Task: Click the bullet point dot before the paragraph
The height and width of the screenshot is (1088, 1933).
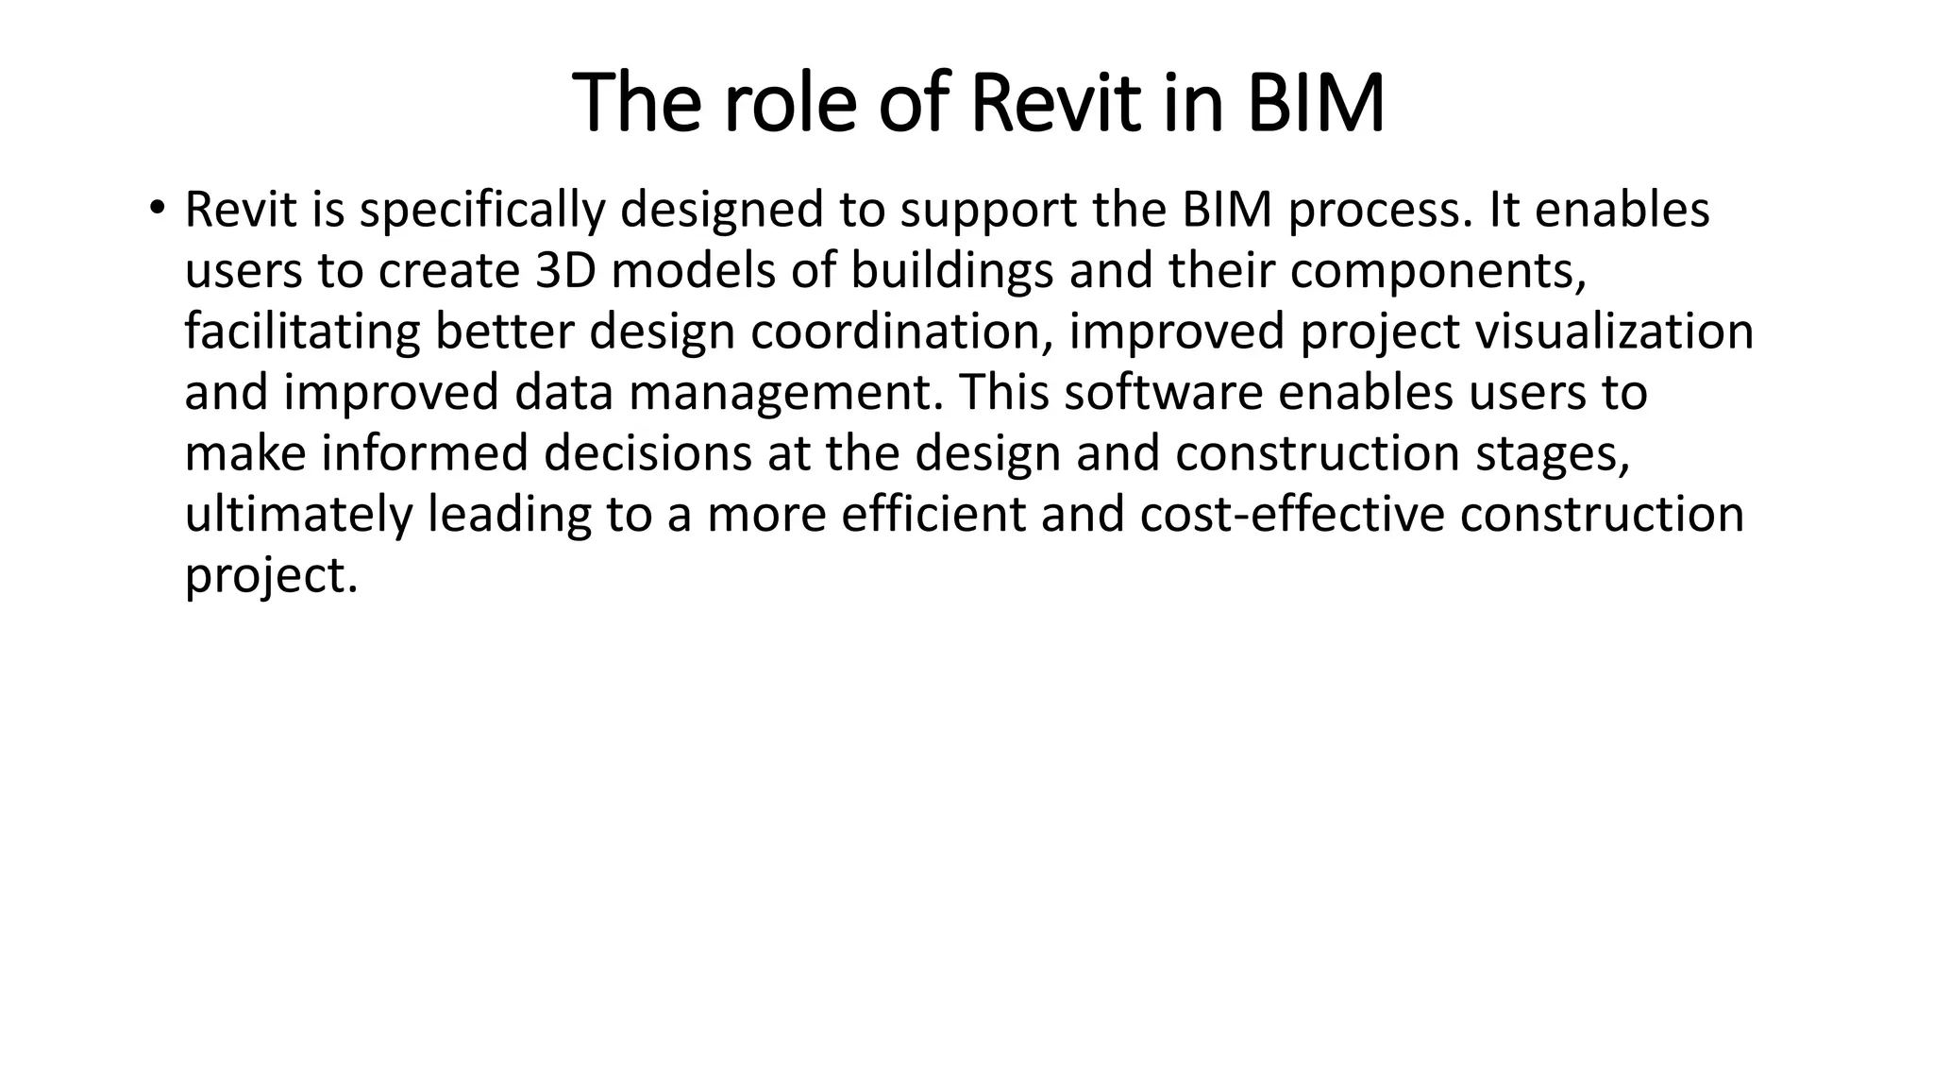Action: tap(157, 207)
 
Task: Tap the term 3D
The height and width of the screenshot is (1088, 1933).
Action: tap(566, 271)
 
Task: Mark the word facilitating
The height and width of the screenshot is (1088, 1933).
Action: tap(302, 332)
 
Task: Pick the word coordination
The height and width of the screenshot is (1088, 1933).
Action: tap(901, 332)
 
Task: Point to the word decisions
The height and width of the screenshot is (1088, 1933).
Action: tap(647, 453)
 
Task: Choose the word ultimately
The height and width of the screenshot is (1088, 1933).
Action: tap(298, 516)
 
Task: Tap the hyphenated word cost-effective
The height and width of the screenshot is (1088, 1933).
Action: tap(1292, 515)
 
